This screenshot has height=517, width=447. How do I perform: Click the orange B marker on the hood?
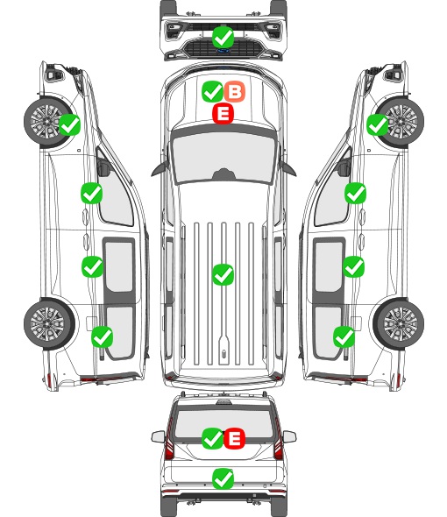[235, 92]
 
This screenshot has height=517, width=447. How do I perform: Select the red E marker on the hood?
[223, 114]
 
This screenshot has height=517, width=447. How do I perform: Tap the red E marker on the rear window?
[234, 438]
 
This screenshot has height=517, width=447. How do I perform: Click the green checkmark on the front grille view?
[223, 37]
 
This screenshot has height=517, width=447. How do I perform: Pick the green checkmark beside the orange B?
[212, 92]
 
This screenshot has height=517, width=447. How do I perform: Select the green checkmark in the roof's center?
[223, 274]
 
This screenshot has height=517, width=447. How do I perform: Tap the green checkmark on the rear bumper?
[223, 478]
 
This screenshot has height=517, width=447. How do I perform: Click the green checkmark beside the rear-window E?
[212, 438]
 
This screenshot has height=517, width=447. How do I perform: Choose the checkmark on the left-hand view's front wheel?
[69, 124]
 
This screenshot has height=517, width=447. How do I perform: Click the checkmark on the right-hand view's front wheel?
[377, 125]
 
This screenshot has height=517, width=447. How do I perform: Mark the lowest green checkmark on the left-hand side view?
[102, 336]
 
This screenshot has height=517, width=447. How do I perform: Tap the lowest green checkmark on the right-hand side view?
[344, 336]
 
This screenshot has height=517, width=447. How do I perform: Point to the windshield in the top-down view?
[223, 157]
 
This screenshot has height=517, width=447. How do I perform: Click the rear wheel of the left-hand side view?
[49, 323]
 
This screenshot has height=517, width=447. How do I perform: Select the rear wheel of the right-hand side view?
[399, 323]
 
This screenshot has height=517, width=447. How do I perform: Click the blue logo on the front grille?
[223, 51]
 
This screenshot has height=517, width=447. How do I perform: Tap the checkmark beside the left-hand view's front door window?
[91, 193]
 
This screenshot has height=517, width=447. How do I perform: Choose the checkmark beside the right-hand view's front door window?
[355, 193]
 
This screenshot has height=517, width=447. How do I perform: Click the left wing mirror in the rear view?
[158, 436]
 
